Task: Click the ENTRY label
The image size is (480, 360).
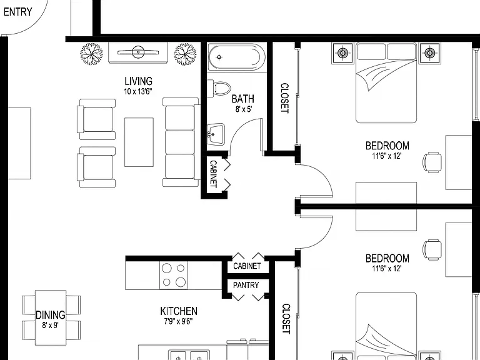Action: pos(17,12)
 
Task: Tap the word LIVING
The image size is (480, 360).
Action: pos(138,81)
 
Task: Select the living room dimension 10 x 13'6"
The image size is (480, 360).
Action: pos(138,91)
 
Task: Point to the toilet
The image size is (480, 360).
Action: pos(219,88)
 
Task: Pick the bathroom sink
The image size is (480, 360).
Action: pos(216,134)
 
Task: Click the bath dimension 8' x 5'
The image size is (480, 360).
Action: pos(243,109)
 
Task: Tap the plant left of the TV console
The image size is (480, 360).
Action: pos(91,54)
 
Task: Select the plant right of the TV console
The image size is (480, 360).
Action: pos(185,54)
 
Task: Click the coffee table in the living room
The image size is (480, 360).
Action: pos(139,142)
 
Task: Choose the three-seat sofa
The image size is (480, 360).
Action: pos(181,142)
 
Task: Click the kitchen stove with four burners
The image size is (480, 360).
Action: pos(174,275)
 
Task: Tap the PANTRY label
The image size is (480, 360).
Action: pos(246,285)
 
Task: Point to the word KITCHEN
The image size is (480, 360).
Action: pos(179,311)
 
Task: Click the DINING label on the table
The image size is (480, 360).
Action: pos(51,315)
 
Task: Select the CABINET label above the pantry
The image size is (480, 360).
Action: pos(247,266)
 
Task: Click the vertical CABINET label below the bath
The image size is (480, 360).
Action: pos(213,174)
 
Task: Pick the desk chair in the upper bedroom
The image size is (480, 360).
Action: pos(432,162)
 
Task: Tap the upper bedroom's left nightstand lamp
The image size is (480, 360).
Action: pos(342,53)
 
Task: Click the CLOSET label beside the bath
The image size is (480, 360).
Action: pos(285,98)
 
